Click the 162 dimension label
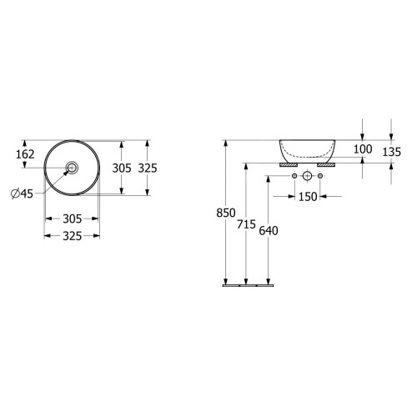click(x=25, y=154)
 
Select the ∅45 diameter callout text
click(x=22, y=193)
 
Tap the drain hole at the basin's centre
click(x=72, y=168)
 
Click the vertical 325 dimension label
click(x=148, y=168)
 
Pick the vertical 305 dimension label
click(x=122, y=168)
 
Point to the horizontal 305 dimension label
click(x=72, y=219)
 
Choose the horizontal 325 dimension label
click(x=72, y=236)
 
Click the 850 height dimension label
click(x=226, y=213)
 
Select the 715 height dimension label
click(x=246, y=224)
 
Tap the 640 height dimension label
click(x=269, y=230)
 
